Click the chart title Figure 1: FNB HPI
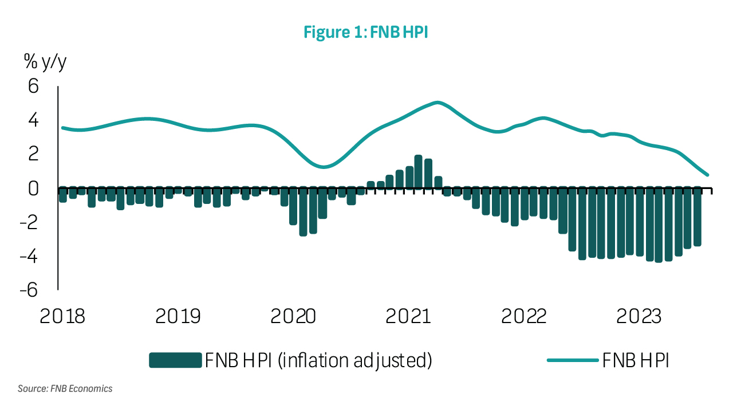pyautogui.click(x=366, y=33)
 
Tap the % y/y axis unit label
pyautogui.click(x=45, y=61)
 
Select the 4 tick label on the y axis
pyautogui.click(x=33, y=120)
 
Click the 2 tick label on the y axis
pyautogui.click(x=33, y=154)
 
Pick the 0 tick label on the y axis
pyautogui.click(x=33, y=188)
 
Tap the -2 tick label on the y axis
pyautogui.click(x=29, y=222)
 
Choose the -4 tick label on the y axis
pyautogui.click(x=29, y=256)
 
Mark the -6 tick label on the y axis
pyautogui.click(x=29, y=290)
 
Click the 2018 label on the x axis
pyautogui.click(x=62, y=316)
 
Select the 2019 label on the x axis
pyautogui.click(x=178, y=316)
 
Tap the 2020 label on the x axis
pyautogui.click(x=293, y=316)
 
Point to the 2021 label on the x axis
pyautogui.click(x=408, y=316)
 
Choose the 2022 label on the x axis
pyautogui.click(x=524, y=316)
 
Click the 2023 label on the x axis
pyautogui.click(x=639, y=316)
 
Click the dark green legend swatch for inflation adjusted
pyautogui.click(x=175, y=360)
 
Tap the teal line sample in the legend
pyautogui.click(x=573, y=360)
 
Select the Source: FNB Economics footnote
pyautogui.click(x=65, y=388)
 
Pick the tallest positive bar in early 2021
pyautogui.click(x=418, y=171)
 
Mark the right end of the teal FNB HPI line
pyautogui.click(x=708, y=175)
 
